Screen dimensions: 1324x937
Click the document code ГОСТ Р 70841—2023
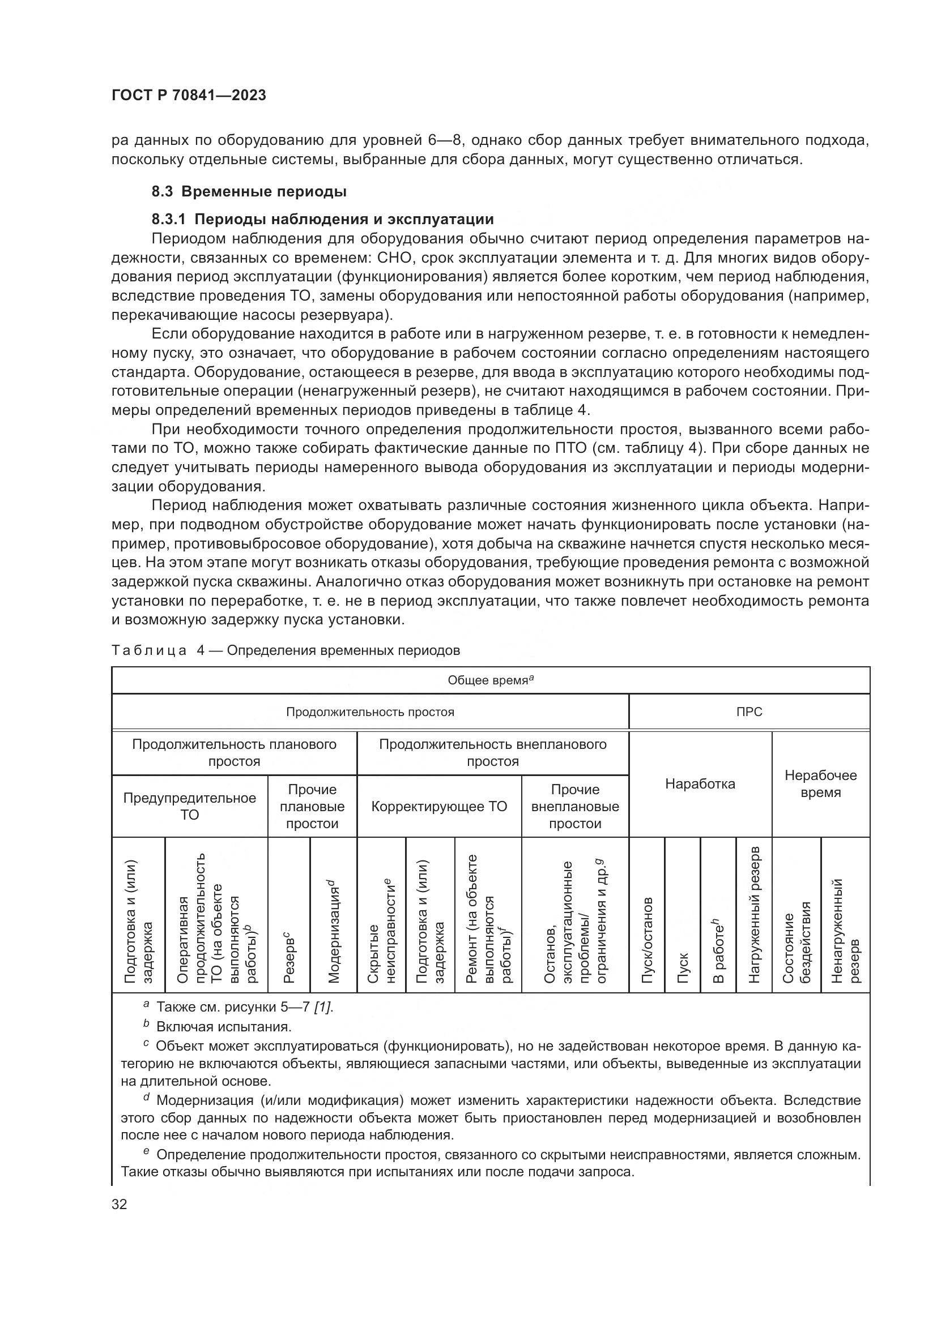click(189, 96)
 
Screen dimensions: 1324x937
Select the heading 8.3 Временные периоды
click(249, 191)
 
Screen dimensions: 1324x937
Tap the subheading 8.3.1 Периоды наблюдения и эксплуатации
click(322, 219)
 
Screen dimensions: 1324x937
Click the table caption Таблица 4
click(286, 650)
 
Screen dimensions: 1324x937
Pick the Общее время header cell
click(490, 680)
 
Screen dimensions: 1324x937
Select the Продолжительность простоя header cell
click(370, 712)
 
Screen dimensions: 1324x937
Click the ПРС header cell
click(749, 712)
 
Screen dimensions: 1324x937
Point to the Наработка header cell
click(700, 784)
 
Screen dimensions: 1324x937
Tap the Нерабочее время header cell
click(820, 783)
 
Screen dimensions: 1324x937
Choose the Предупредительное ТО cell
click(189, 806)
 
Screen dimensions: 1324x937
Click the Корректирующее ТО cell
click(439, 806)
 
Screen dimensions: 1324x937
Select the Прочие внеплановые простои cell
click(574, 806)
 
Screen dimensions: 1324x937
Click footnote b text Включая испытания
click(223, 1027)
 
